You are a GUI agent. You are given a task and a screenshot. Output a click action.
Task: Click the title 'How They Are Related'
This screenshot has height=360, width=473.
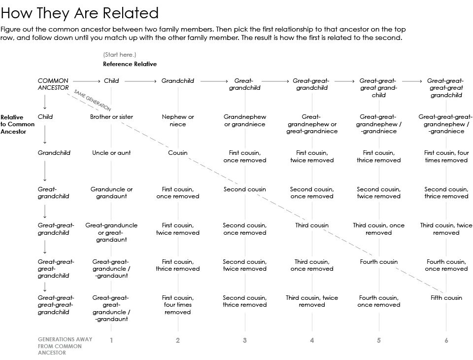80,13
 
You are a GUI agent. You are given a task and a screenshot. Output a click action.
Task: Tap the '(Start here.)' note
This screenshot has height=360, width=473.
119,54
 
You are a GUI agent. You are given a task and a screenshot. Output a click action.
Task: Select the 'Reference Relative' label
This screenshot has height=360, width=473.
130,64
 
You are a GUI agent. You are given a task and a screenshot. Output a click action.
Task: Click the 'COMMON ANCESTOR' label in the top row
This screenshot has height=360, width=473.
53,84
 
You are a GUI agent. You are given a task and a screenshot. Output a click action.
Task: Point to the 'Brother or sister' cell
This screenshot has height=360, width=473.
111,117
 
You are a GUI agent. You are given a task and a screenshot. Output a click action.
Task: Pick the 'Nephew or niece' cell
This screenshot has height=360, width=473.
178,120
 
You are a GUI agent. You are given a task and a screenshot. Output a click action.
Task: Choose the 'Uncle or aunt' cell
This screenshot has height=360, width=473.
111,153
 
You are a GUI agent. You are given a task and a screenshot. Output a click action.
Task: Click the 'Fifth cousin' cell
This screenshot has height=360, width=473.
446,298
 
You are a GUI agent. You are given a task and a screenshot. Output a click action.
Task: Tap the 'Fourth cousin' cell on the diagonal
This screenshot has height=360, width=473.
378,262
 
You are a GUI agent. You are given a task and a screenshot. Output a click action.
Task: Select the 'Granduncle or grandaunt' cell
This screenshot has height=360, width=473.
111,192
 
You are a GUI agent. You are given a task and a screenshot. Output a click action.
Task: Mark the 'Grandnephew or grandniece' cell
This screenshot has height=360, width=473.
245,120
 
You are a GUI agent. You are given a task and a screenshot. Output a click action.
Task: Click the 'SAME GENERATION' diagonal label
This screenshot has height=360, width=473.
92,100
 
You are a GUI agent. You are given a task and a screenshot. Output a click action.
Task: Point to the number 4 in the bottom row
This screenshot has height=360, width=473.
312,340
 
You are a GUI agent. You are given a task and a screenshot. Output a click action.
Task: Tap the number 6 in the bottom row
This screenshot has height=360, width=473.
446,340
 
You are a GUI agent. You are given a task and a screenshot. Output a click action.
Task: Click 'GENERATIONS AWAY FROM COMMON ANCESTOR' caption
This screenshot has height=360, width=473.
58,346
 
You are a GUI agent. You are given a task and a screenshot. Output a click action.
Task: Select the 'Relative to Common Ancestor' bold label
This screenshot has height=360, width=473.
18,124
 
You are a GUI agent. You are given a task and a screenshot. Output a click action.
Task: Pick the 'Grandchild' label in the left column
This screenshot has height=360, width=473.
54,153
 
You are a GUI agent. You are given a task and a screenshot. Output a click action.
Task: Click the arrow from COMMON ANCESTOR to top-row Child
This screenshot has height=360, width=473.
87,81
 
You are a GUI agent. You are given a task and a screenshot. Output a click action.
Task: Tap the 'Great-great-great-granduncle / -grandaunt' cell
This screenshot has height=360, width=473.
111,308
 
